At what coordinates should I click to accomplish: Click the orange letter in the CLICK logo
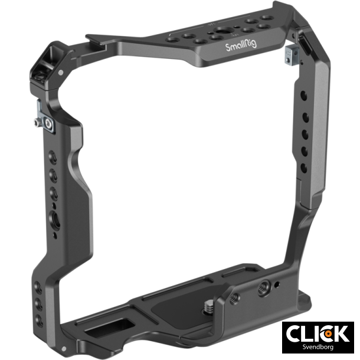click(328, 333)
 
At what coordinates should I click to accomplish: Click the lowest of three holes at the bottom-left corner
click(39, 318)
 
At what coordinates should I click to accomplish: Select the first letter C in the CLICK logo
click(295, 333)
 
